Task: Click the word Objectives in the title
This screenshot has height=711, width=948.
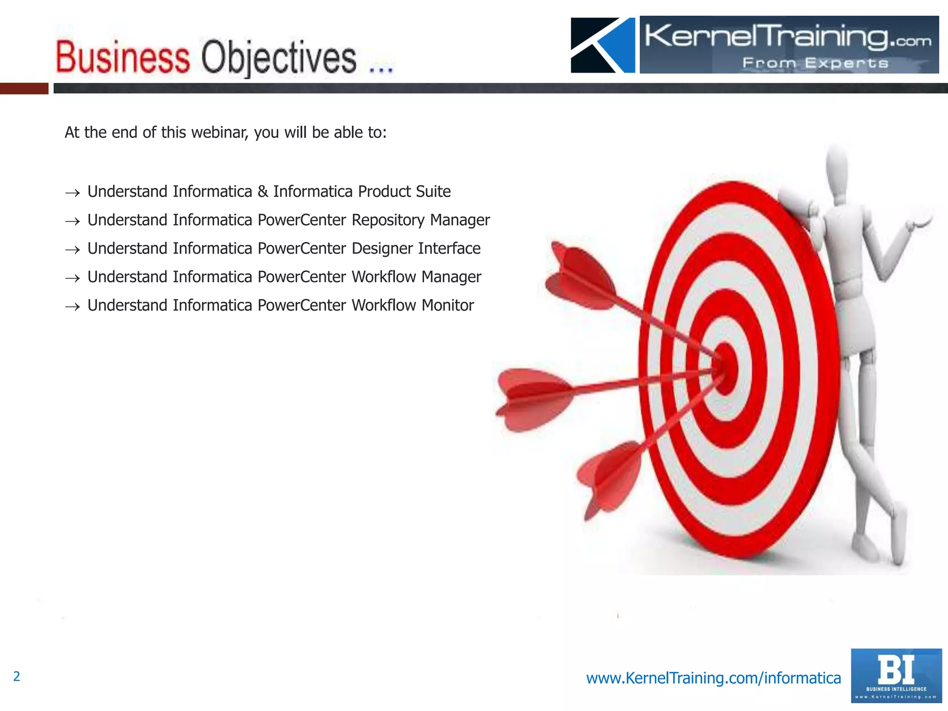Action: tap(279, 58)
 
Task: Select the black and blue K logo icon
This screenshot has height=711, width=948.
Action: tap(603, 45)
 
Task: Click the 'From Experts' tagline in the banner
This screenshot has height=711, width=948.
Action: tap(815, 63)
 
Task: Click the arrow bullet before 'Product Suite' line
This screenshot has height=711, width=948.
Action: tap(73, 193)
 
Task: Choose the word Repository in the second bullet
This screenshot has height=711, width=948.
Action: tap(387, 220)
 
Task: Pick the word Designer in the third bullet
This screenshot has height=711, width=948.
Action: tap(382, 249)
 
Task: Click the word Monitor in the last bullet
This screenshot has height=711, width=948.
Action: tap(448, 306)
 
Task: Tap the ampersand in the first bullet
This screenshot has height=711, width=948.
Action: tap(263, 192)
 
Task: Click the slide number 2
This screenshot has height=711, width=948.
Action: tap(17, 676)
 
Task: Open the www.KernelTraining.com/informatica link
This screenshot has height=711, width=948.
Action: tap(713, 678)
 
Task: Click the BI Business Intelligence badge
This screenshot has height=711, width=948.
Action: tap(896, 675)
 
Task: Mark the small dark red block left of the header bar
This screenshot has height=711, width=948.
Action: tap(24, 88)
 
